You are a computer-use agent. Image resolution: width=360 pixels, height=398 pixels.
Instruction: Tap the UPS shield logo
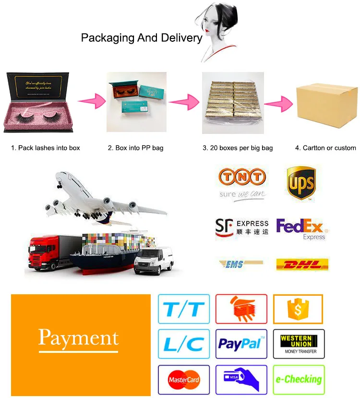[300, 182]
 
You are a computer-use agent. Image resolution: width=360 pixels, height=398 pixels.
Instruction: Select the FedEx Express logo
[300, 229]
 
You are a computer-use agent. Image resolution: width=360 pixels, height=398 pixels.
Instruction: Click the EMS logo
[240, 264]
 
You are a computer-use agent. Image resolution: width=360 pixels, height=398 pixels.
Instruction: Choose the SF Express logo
[241, 227]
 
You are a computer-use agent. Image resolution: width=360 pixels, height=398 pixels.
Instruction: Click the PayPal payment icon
[241, 343]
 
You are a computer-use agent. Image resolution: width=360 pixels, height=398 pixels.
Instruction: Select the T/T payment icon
[184, 309]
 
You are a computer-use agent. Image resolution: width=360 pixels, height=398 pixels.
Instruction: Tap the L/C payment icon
[184, 343]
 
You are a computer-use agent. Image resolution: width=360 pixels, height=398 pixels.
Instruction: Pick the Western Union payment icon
[299, 343]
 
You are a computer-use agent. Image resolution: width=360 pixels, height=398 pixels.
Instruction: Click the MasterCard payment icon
[184, 380]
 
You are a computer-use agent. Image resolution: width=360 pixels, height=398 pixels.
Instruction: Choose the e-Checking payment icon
[299, 379]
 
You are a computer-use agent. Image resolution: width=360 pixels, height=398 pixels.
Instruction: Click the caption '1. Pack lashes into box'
[46, 148]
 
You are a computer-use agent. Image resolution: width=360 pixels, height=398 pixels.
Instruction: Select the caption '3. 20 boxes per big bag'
[238, 148]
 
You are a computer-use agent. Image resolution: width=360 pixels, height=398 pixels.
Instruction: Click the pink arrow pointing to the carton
[279, 103]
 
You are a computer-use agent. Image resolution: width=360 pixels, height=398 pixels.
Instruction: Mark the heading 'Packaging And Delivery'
[142, 38]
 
